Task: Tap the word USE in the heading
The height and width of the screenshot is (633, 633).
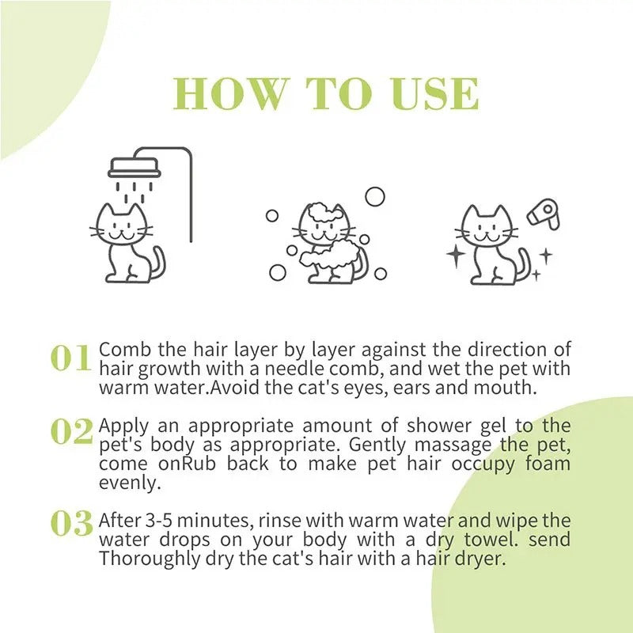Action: [x=434, y=95]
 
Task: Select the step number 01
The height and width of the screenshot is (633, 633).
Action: [x=71, y=358]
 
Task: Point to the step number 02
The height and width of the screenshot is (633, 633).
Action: [x=72, y=431]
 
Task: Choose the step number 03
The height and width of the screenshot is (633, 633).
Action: [x=72, y=523]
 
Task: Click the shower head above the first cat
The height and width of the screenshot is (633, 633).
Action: [x=134, y=168]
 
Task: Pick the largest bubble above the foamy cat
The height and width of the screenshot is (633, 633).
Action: [x=374, y=196]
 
